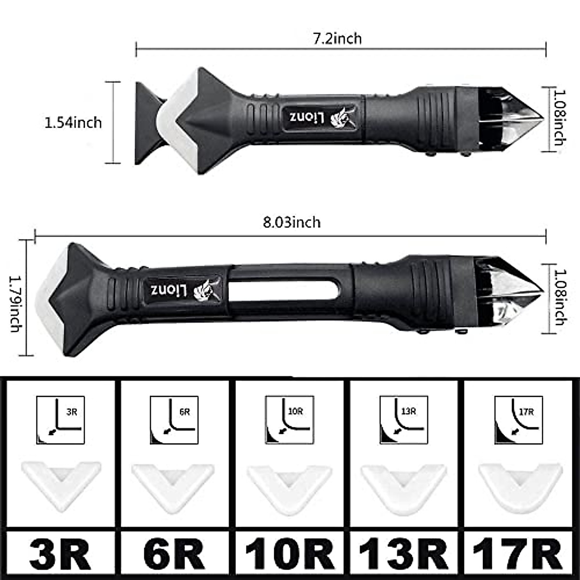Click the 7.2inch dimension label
point(337,39)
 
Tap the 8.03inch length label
point(291,222)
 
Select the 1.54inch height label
point(73,123)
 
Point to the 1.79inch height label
point(15,304)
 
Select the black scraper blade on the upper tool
point(146,123)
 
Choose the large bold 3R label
point(60,554)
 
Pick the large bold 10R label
point(290,554)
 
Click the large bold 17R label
point(518,554)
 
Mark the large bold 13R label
point(404,554)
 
